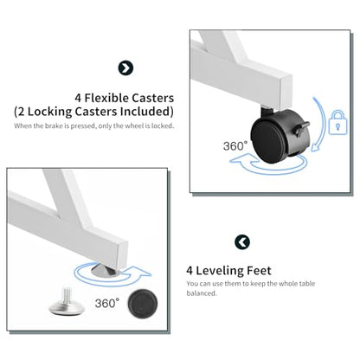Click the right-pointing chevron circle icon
125,68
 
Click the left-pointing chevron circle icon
242,241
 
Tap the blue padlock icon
337,122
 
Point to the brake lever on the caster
301,128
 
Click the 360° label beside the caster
235,146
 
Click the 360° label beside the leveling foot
107,303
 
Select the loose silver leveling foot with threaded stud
67,302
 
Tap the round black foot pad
143,304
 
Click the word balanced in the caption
201,293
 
